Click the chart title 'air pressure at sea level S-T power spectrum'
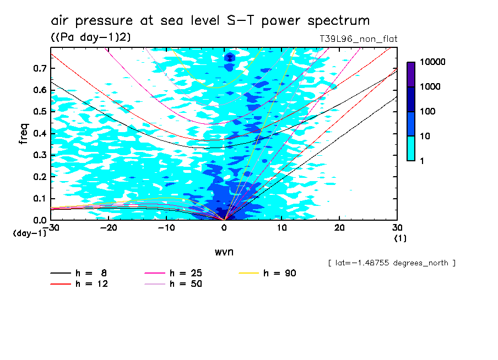210,21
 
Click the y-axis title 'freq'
24,134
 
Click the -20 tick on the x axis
109,227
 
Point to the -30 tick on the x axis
51,227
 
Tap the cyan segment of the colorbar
410,148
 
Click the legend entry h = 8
85,273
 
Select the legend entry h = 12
85,284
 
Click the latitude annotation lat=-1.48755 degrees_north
392,263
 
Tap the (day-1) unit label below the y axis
30,233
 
